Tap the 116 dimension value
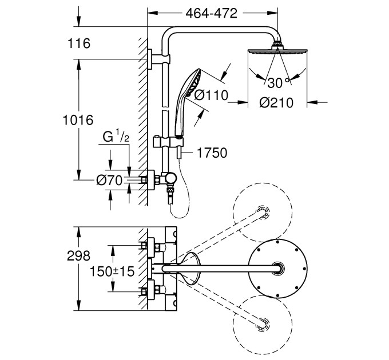click(78, 43)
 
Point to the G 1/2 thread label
click(115, 137)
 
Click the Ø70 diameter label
click(109, 181)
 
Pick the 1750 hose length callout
click(212, 153)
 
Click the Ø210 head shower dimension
click(276, 103)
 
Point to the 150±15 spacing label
click(113, 271)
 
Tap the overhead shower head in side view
click(277, 51)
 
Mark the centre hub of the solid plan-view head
click(278, 269)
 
